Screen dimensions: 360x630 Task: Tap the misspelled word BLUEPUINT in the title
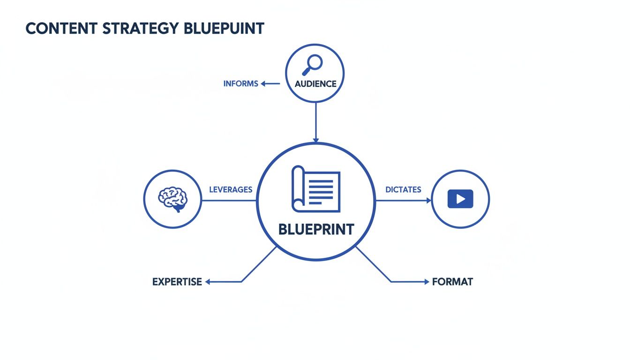click(x=224, y=29)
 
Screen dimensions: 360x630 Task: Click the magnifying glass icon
click(x=313, y=65)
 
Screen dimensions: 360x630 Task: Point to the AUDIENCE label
click(x=315, y=84)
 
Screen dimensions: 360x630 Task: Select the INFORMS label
click(x=240, y=84)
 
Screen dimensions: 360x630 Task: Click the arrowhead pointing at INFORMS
click(x=263, y=84)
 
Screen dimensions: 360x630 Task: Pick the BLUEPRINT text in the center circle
click(x=316, y=230)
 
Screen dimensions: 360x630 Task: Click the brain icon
click(x=172, y=199)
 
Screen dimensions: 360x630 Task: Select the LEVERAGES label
click(x=230, y=190)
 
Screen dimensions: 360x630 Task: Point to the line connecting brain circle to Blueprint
click(x=229, y=201)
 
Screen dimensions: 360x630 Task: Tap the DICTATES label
click(x=403, y=190)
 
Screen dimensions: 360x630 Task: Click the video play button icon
click(x=460, y=199)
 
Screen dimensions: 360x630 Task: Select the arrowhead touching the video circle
click(x=428, y=200)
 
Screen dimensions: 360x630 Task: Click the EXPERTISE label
click(x=177, y=282)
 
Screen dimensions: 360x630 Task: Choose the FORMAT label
click(x=452, y=282)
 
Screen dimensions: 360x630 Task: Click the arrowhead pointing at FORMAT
click(x=426, y=282)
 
